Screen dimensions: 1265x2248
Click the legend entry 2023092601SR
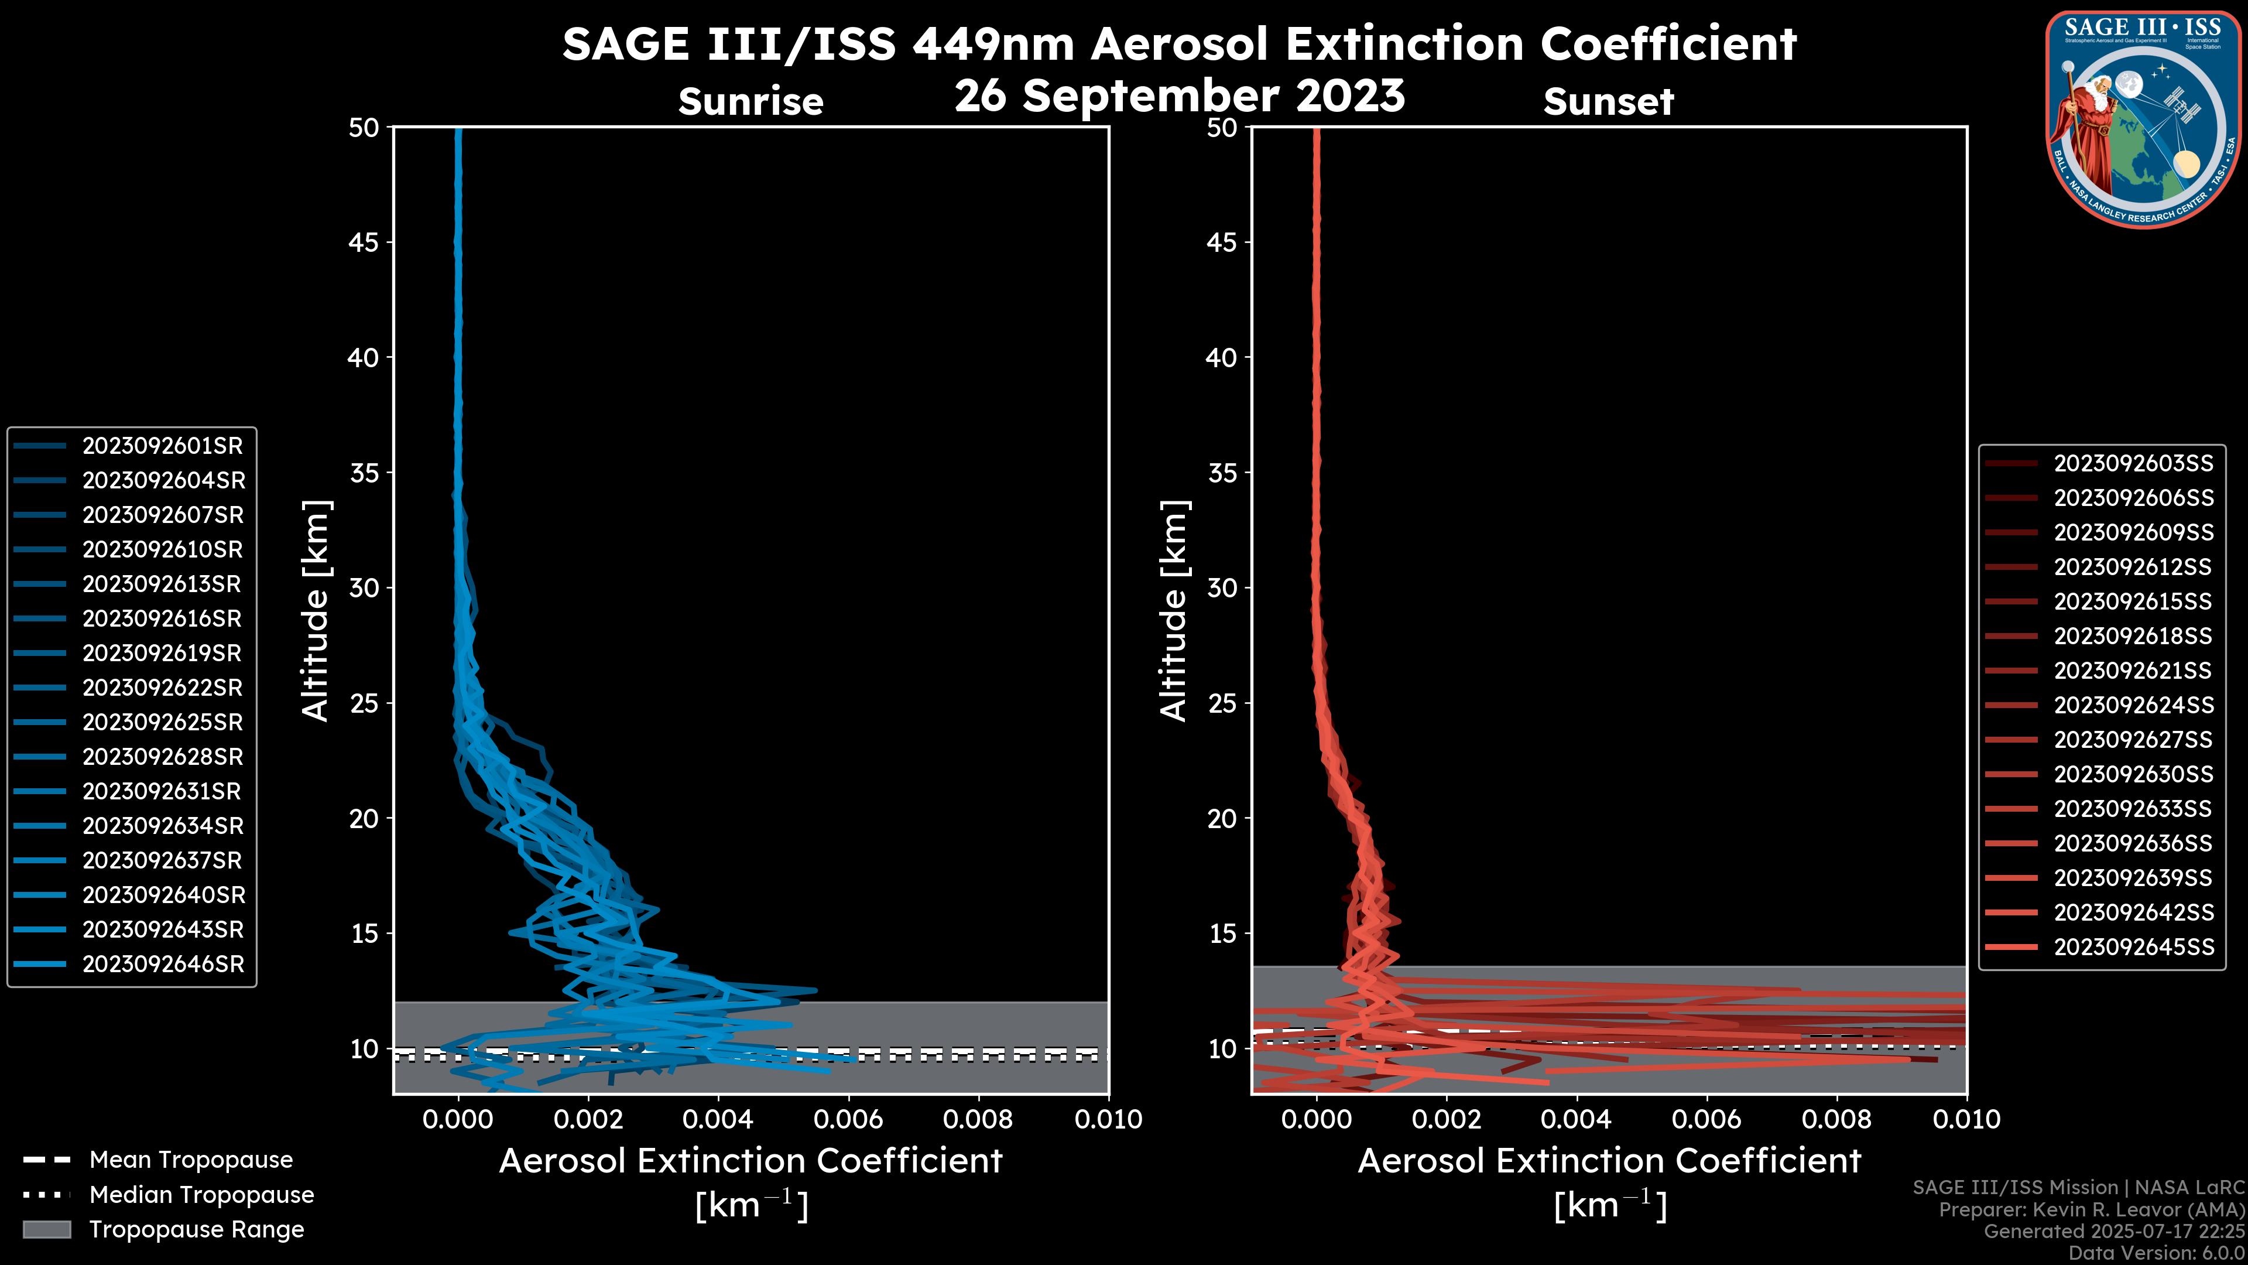[162, 446]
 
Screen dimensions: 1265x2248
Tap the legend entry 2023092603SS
[2133, 464]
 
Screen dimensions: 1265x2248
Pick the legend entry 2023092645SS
[2133, 947]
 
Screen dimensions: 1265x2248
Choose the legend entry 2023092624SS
[2133, 705]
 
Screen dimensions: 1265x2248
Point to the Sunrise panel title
[751, 102]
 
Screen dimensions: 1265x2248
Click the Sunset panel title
[1608, 102]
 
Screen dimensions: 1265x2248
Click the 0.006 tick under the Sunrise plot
[847, 1119]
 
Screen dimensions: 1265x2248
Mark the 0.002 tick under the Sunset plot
[1446, 1119]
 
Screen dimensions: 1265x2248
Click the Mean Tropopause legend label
[190, 1160]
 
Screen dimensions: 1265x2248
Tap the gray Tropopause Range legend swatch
[46, 1230]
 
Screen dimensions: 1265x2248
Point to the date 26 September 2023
[1179, 95]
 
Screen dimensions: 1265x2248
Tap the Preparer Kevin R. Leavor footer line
[2091, 1210]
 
